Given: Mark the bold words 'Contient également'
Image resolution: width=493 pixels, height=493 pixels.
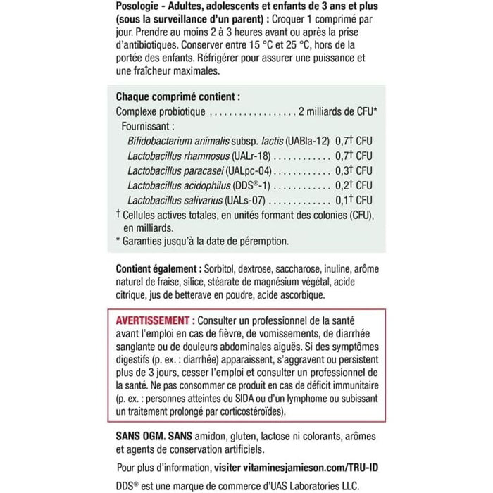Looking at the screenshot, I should [156, 270].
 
